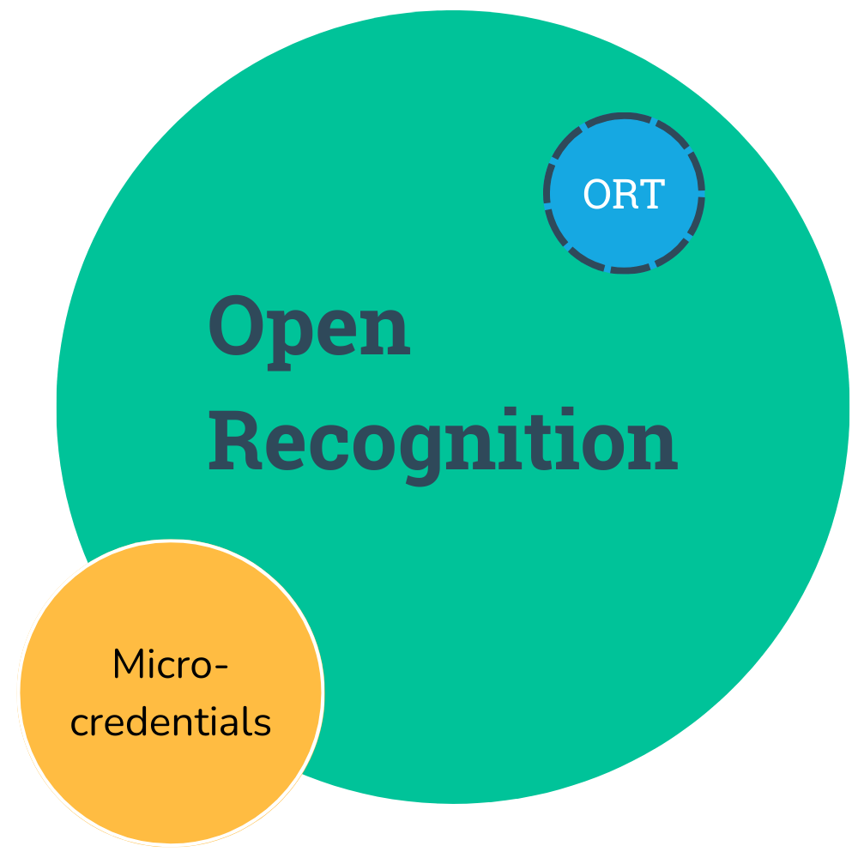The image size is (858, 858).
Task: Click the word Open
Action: [x=310, y=333]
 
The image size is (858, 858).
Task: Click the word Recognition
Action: [x=444, y=446]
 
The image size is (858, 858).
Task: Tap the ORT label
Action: [x=625, y=194]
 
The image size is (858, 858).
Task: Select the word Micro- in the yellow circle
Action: [x=170, y=664]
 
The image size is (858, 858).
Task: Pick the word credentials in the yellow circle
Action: [x=171, y=722]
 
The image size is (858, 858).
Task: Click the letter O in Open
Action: [x=237, y=325]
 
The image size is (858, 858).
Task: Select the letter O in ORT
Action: [x=597, y=194]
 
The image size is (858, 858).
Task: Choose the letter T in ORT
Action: [x=652, y=194]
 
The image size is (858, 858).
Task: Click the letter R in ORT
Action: [x=625, y=194]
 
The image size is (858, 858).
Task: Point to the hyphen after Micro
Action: [x=222, y=668]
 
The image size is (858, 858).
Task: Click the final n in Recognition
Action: [x=653, y=446]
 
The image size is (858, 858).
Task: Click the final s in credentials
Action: [x=262, y=724]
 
